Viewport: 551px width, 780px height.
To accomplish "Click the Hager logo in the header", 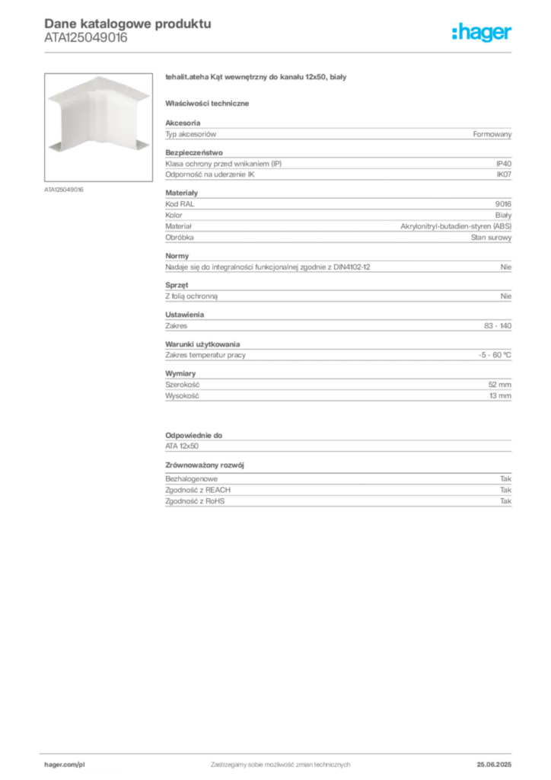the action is click(481, 33).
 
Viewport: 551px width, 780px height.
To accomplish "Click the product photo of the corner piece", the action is click(98, 127).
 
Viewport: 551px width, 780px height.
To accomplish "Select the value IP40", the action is click(503, 164).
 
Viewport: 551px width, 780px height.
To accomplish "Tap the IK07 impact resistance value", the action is click(504, 174).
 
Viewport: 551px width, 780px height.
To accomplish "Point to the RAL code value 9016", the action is click(503, 204).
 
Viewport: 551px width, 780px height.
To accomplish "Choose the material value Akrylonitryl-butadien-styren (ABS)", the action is click(456, 226).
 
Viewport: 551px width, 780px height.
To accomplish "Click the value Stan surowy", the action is click(491, 238).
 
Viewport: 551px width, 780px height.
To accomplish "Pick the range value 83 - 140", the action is click(497, 326).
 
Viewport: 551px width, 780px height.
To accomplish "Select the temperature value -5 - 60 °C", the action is click(495, 355).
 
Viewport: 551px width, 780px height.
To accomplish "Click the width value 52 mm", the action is click(499, 385).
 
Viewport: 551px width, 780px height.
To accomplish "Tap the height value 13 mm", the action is click(500, 396).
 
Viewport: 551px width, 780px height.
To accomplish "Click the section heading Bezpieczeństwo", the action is click(194, 152).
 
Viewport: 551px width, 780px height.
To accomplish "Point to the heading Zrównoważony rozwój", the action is click(204, 465).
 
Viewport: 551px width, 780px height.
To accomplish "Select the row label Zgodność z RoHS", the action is click(195, 501).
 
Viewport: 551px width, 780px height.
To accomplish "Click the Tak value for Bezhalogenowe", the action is click(505, 478).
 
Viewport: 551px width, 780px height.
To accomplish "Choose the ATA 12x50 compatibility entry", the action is click(182, 446).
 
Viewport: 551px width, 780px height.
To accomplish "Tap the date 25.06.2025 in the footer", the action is click(494, 765).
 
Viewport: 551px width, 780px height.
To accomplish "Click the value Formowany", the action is click(492, 134).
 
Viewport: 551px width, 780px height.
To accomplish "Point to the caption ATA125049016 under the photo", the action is click(64, 190).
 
